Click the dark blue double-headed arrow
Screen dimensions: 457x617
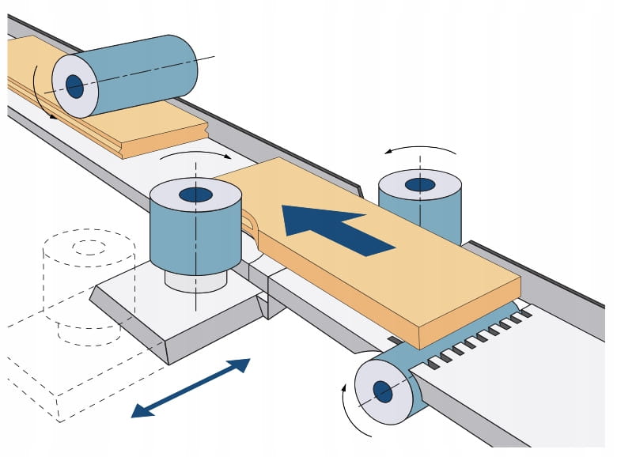(191, 387)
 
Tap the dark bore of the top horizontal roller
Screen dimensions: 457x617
(74, 86)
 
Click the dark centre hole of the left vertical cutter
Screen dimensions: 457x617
(195, 195)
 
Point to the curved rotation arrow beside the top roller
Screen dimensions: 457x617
(39, 95)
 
